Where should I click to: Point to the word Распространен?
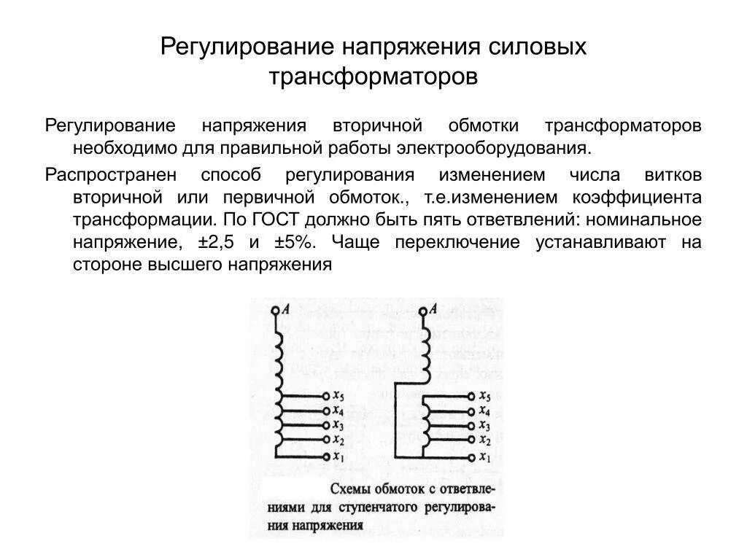pyautogui.click(x=108, y=175)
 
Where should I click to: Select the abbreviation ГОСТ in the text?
pyautogui.click(x=278, y=220)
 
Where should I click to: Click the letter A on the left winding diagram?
pyautogui.click(x=286, y=309)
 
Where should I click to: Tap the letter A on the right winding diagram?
pyautogui.click(x=433, y=309)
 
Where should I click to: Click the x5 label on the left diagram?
pyautogui.click(x=338, y=396)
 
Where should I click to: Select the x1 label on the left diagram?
pyautogui.click(x=338, y=456)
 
